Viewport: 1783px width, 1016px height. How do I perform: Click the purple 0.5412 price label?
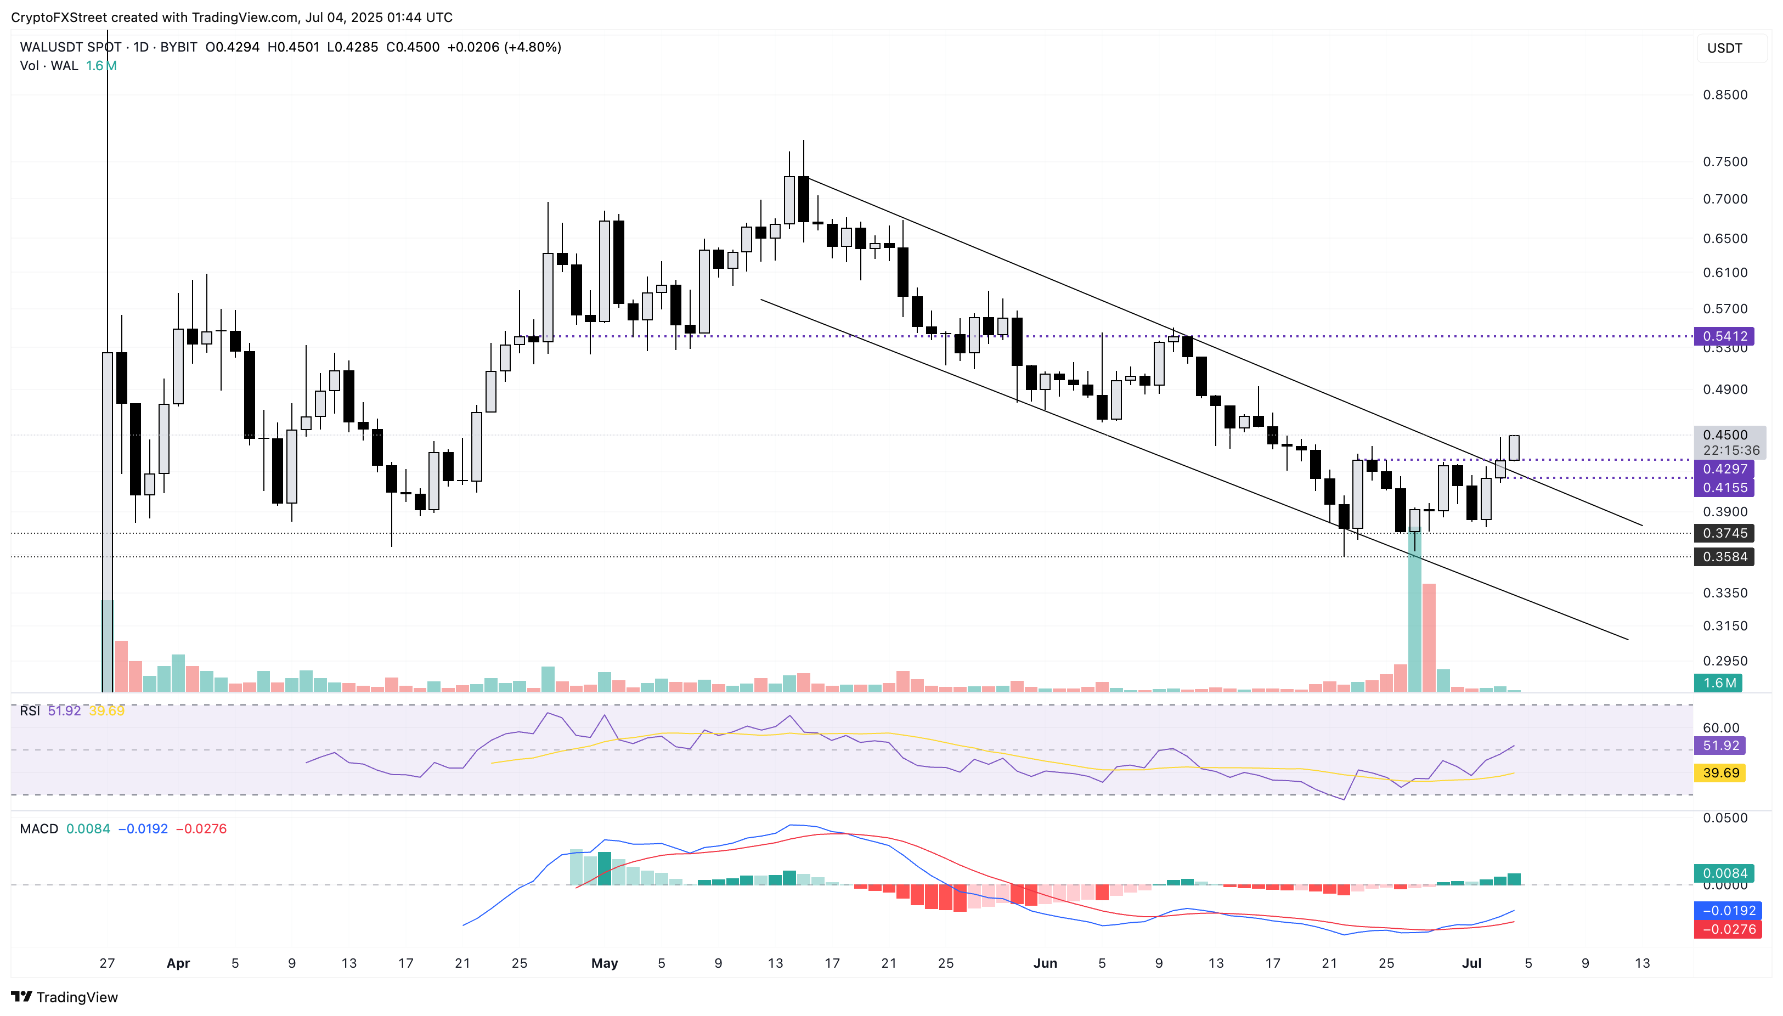pos(1724,336)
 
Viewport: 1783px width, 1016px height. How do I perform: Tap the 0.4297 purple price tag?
pos(1724,469)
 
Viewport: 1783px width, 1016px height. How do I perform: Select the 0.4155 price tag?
pos(1724,488)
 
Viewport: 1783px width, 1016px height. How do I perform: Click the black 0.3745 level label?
pos(1724,533)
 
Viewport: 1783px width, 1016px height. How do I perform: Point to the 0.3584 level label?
pos(1724,557)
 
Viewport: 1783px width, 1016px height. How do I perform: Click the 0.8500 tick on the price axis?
pos(1724,95)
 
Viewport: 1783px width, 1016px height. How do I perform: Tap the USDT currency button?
pos(1724,48)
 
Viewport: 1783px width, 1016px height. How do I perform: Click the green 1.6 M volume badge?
pos(1718,683)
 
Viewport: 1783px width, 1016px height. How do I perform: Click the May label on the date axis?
pos(605,963)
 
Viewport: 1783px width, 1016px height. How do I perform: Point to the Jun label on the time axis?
pos(1045,963)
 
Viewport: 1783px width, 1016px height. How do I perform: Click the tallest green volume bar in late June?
pos(1414,614)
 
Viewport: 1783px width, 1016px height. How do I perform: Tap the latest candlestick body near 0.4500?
pos(1514,447)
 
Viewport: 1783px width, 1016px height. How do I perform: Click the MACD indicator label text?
pos(39,829)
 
